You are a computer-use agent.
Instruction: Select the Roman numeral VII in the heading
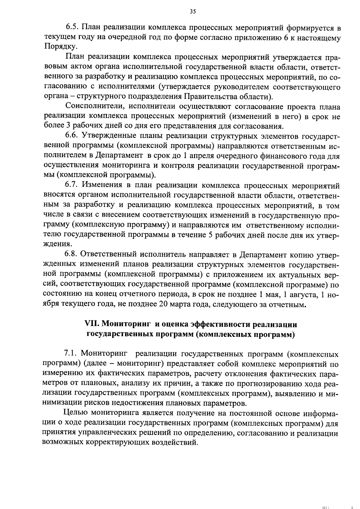(x=92, y=324)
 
